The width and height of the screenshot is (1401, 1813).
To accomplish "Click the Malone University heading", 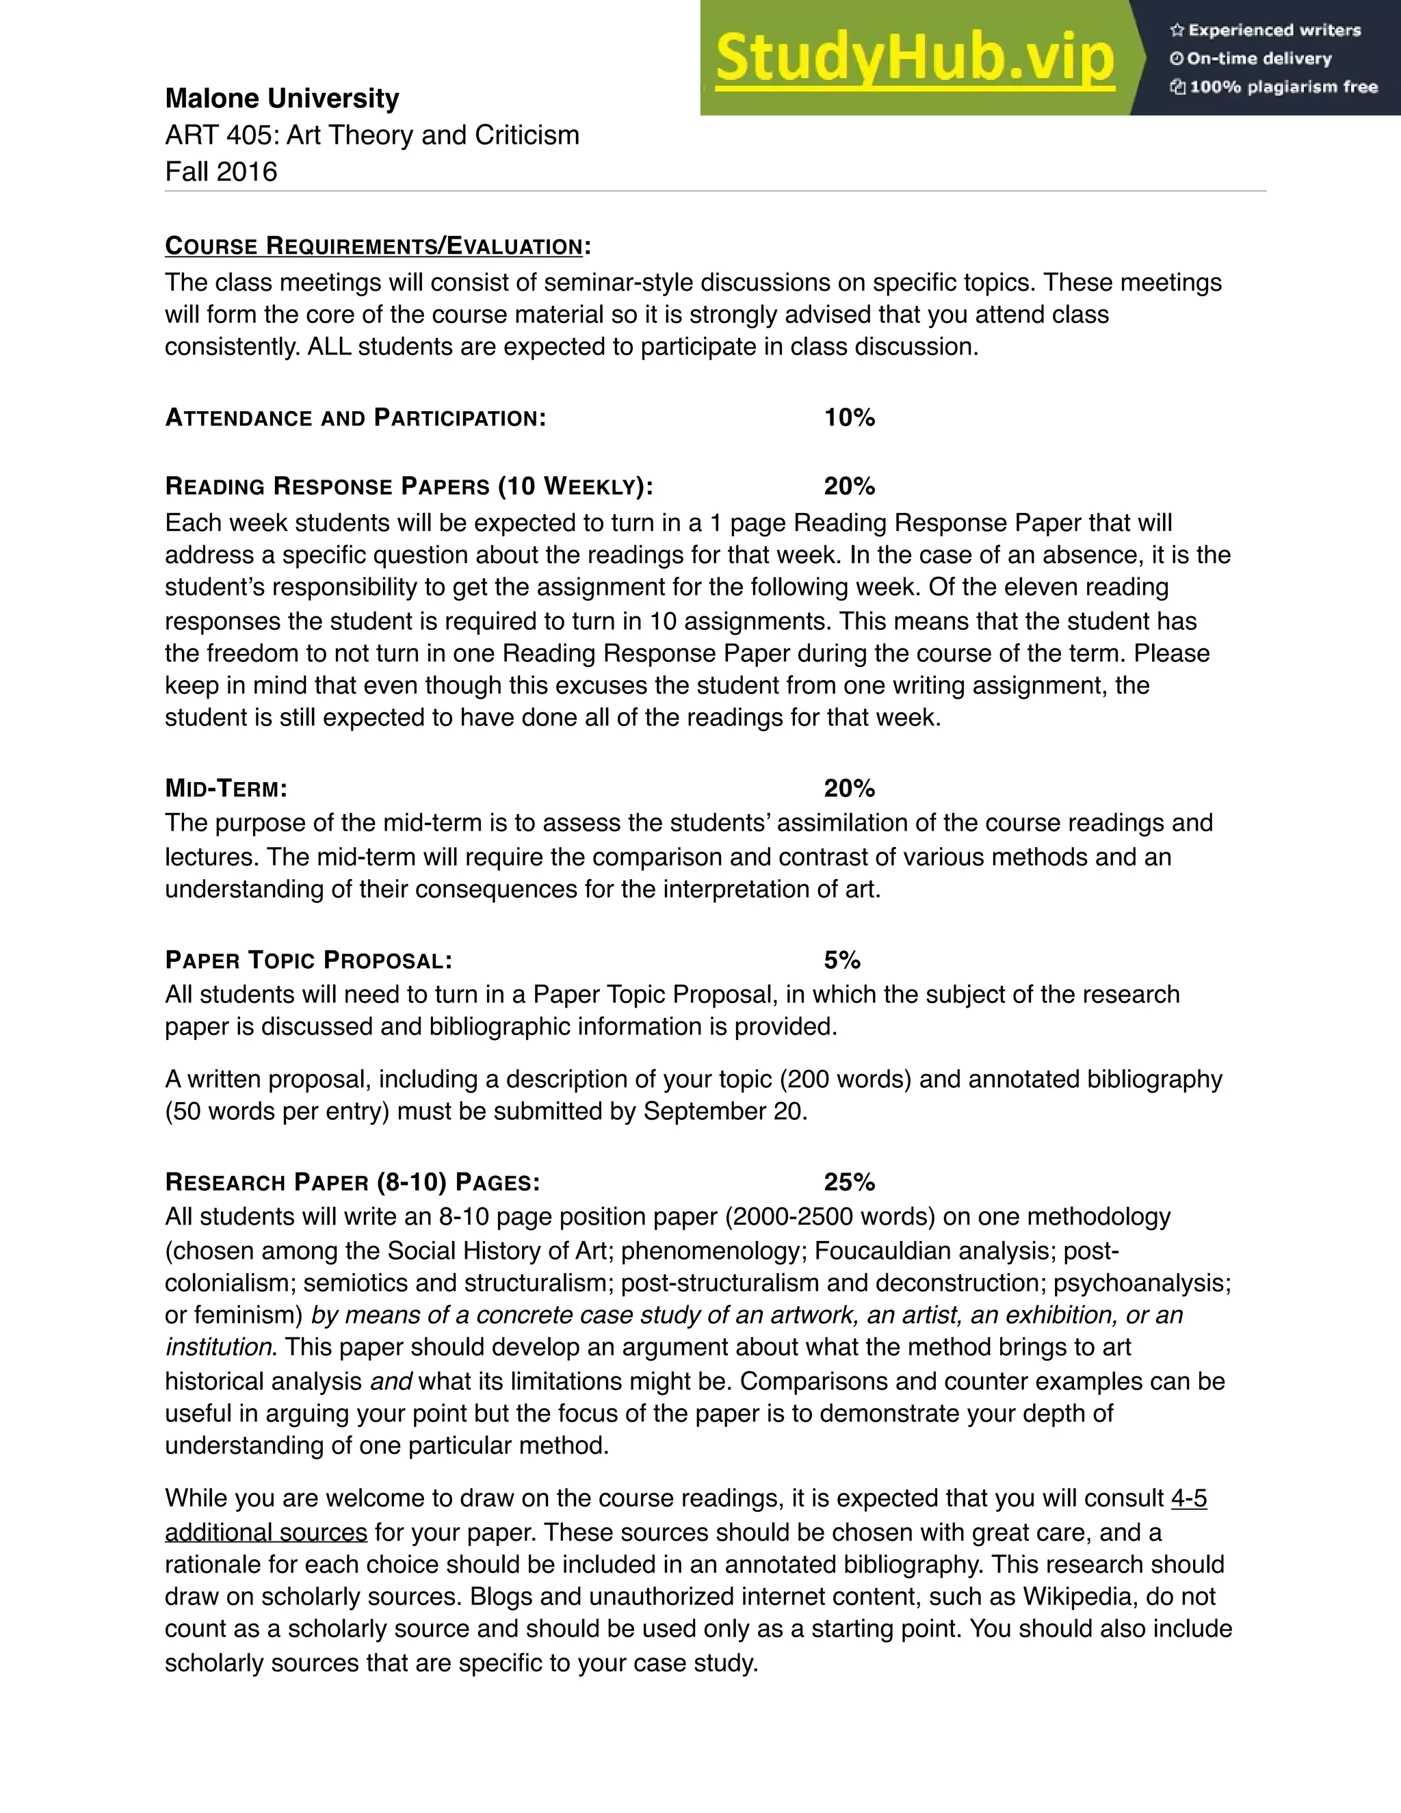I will (x=283, y=98).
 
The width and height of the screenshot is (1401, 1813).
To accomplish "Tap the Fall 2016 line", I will (x=221, y=171).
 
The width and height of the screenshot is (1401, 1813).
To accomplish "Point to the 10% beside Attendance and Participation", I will (x=849, y=417).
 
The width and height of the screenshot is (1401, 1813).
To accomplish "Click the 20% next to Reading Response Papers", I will (x=849, y=486).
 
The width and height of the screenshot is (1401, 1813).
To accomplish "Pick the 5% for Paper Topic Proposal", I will (x=841, y=961).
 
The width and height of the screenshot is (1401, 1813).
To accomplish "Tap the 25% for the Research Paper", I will (x=849, y=1182).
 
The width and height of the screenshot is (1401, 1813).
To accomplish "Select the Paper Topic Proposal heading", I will (x=309, y=961).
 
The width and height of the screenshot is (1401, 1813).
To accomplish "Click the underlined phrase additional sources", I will (x=265, y=1532).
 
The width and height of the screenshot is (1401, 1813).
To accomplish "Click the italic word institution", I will (x=218, y=1346).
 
